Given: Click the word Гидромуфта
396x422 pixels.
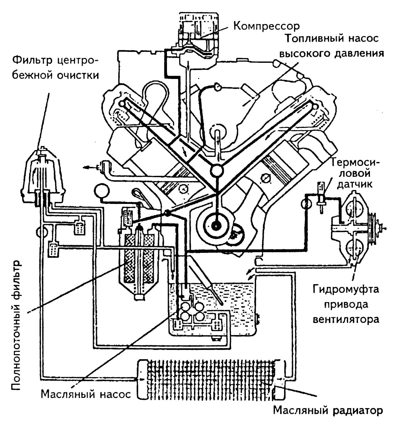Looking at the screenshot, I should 346,290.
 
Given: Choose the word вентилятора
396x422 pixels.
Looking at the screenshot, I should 346,320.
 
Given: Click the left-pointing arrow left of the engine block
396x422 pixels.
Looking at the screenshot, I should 88,168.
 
